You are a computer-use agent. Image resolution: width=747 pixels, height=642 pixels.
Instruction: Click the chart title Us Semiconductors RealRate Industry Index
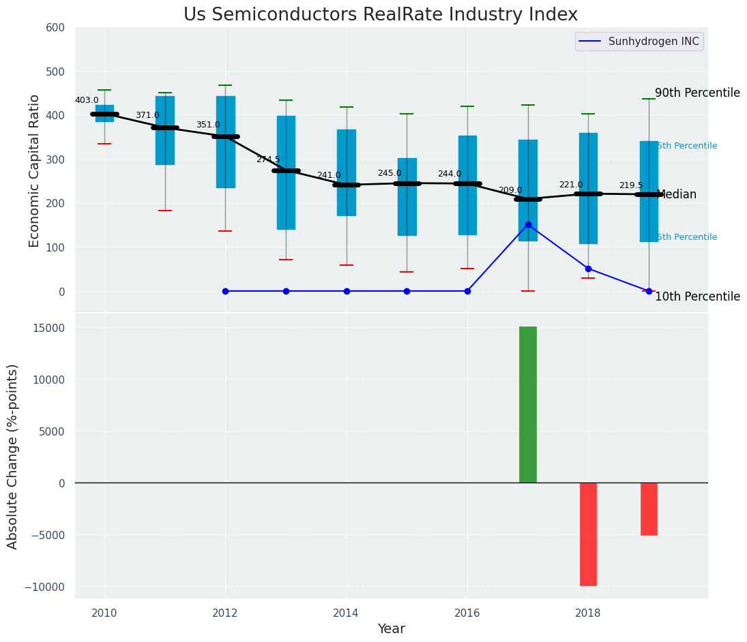[380, 15]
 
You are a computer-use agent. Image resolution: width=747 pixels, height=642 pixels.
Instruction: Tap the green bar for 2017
[528, 404]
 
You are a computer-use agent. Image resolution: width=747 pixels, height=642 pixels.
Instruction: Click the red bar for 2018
[588, 534]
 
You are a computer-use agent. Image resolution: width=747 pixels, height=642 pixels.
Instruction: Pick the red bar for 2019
[649, 508]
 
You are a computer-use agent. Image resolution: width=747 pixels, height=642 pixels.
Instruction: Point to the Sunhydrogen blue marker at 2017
[528, 224]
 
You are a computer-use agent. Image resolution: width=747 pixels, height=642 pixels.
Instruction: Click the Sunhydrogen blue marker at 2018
[588, 269]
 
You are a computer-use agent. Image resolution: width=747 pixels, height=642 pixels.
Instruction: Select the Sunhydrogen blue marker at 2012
[225, 291]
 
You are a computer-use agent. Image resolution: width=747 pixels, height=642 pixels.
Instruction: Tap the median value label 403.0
[87, 100]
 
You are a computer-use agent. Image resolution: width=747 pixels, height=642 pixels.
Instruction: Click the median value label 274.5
[268, 159]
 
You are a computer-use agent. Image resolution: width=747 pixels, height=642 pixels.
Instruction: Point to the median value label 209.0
[510, 190]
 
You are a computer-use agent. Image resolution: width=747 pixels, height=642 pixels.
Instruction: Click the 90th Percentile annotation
[697, 93]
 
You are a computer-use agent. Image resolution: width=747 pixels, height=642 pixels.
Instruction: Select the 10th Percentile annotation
[697, 296]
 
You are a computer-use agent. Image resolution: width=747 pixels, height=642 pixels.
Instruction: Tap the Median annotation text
[676, 194]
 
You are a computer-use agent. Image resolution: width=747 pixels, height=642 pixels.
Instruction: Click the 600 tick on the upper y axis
[55, 27]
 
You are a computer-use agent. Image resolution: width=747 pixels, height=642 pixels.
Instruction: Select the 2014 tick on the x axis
[347, 613]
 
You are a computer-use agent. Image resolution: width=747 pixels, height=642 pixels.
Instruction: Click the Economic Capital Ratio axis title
[35, 170]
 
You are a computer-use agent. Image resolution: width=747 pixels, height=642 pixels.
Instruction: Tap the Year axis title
[392, 629]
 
